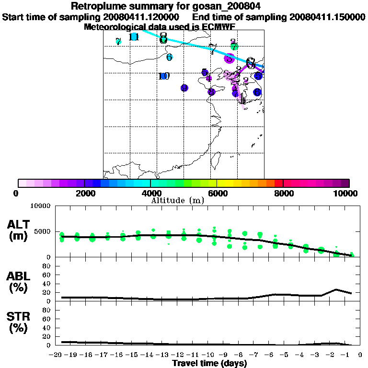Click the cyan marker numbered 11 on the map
(134, 37)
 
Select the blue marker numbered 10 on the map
(164, 76)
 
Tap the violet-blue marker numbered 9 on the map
(184, 88)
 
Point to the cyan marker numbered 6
(169, 57)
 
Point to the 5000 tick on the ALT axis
(43, 232)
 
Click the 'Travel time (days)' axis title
(209, 364)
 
